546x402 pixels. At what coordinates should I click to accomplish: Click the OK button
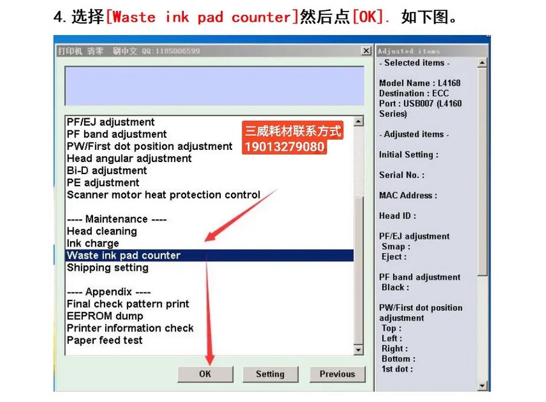[205, 374]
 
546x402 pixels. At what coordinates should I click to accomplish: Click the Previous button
[337, 374]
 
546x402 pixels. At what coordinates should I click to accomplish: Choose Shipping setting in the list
[108, 268]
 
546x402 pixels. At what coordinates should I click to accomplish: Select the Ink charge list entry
[93, 243]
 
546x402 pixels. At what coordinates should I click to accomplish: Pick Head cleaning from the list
[102, 231]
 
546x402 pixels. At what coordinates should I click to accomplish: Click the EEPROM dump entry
[105, 316]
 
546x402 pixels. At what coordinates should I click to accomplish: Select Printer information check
[130, 328]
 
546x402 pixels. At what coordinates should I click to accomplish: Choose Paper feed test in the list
[105, 340]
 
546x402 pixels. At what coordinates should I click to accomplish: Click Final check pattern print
[128, 304]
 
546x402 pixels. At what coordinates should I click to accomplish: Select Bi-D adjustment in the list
[107, 170]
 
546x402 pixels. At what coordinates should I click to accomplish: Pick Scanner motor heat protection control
[164, 195]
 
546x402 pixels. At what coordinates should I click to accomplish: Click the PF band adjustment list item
[117, 134]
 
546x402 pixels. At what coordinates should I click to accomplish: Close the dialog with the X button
[366, 51]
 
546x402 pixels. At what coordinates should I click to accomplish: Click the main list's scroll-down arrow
[359, 350]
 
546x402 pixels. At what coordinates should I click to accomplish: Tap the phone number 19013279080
[285, 146]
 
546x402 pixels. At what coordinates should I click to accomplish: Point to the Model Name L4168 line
[420, 83]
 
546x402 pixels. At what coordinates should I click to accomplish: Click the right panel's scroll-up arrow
[482, 63]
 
